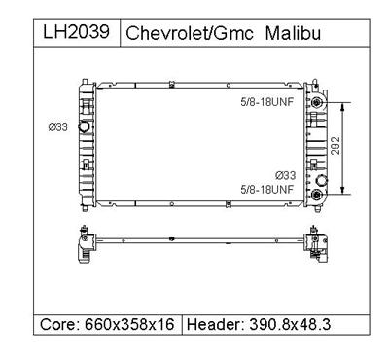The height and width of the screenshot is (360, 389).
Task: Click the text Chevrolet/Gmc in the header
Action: (x=190, y=32)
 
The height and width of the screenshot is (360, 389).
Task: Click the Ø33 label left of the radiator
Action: (x=58, y=126)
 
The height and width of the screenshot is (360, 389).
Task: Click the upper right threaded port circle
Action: (x=316, y=102)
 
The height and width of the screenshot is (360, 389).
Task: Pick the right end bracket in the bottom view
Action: (x=315, y=244)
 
